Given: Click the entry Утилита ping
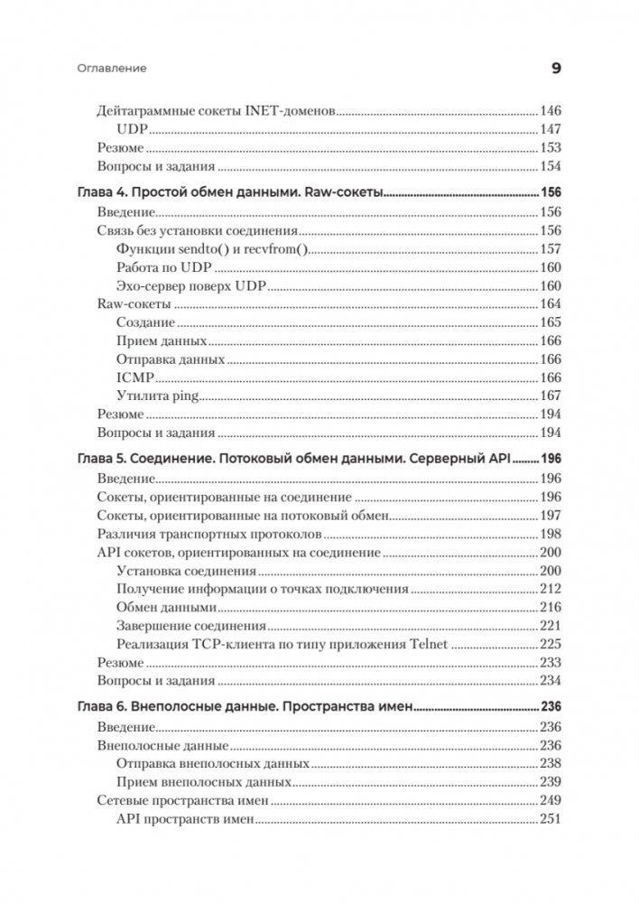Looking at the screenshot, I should (157, 396).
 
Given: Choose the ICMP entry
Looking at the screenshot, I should (135, 377).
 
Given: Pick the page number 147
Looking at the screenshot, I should (551, 129).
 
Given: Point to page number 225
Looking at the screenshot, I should (551, 644).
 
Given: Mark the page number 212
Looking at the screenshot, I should (551, 589).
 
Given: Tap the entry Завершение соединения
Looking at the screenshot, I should (191, 626).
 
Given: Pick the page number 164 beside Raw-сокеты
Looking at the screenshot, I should (551, 305).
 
